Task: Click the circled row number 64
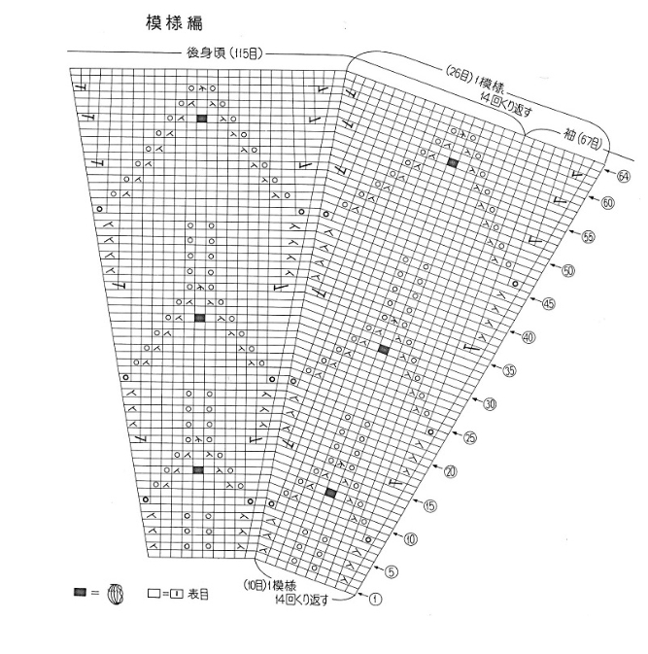tap(623, 177)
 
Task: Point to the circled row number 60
tap(607, 203)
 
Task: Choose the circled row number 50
tap(569, 270)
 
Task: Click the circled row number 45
tap(549, 304)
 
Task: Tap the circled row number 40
tap(529, 337)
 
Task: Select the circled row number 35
tap(509, 370)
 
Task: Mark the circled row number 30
tap(490, 404)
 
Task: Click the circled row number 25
tap(470, 437)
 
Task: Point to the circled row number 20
tap(450, 471)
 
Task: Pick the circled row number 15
tap(430, 504)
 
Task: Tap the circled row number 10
tap(411, 538)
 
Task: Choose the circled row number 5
tap(392, 571)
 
